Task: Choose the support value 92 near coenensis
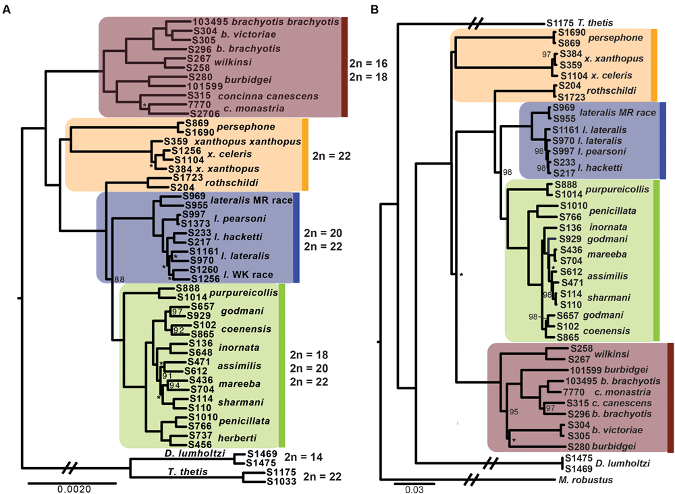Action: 178,331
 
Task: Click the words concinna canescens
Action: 260,96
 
